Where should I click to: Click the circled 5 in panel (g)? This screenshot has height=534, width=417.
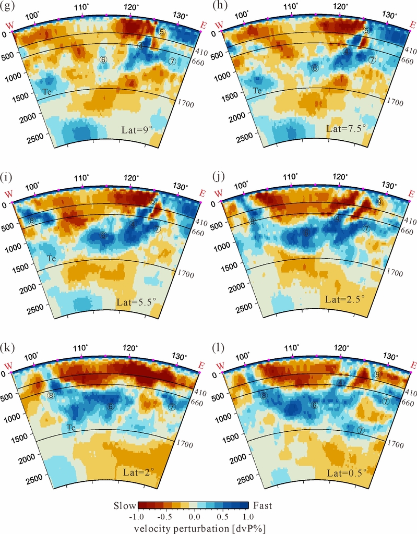(162, 32)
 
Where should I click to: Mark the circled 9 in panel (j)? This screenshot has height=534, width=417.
(379, 202)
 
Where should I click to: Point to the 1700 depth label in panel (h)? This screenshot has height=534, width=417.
(396, 103)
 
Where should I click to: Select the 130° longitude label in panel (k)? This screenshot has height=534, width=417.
(180, 357)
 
